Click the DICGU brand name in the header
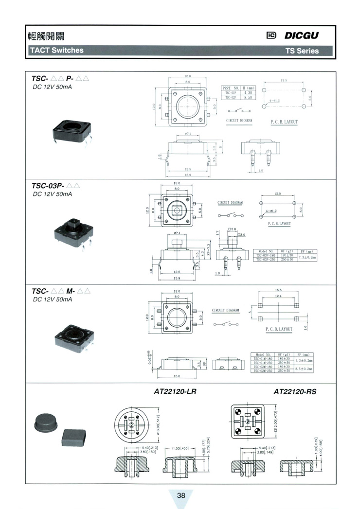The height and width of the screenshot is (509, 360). pos(302,35)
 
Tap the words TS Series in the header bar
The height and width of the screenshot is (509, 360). pos(302,51)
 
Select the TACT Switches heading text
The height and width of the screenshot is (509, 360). pos(56,50)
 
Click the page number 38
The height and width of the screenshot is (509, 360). pos(181,495)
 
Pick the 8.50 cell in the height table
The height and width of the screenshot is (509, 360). pos(247,97)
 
